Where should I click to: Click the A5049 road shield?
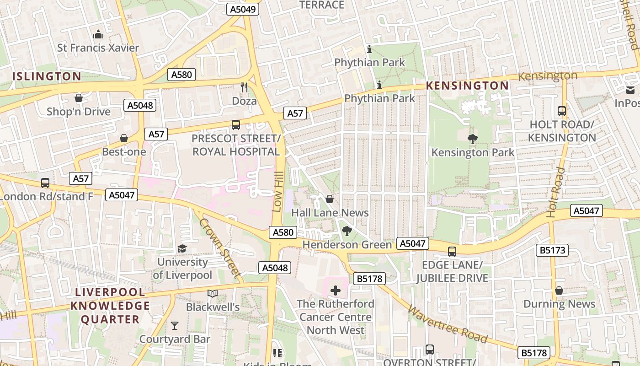243,9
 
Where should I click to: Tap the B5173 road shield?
552,250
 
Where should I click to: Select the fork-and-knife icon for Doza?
244,86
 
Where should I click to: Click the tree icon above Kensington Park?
473,139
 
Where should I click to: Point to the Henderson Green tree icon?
347,231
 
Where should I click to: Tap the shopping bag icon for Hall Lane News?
330,199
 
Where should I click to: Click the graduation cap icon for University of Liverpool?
182,248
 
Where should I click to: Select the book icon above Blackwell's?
213,293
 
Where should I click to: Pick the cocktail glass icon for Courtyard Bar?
175,326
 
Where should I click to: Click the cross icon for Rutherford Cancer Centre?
336,291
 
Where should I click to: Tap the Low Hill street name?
278,192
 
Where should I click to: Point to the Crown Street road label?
220,248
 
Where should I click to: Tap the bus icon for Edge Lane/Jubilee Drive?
452,251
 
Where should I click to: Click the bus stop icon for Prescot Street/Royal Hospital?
236,124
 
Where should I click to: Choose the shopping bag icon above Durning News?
559,291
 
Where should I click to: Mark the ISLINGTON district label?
47,76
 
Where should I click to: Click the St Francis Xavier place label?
98,48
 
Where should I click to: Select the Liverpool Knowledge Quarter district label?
110,306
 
